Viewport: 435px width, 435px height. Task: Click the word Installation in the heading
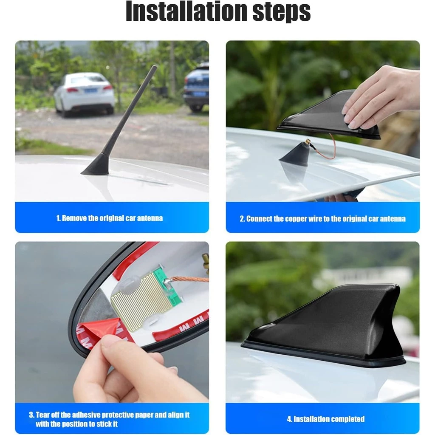point(186,11)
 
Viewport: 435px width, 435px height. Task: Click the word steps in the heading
point(282,12)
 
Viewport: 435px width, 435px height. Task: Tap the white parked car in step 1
point(84,94)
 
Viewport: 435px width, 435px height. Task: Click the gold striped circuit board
point(141,302)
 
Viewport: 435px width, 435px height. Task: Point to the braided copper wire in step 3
point(189,278)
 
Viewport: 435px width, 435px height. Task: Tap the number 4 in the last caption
point(289,419)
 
